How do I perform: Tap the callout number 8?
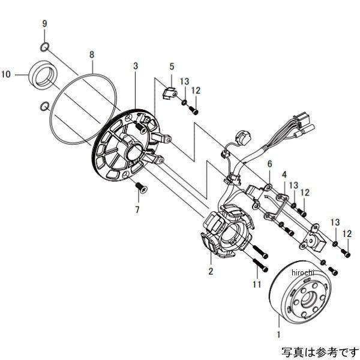(92, 55)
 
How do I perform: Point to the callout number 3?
(136, 65)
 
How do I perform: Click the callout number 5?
(171, 67)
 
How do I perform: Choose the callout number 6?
(270, 164)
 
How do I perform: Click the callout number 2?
(210, 271)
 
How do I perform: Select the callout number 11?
(256, 284)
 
